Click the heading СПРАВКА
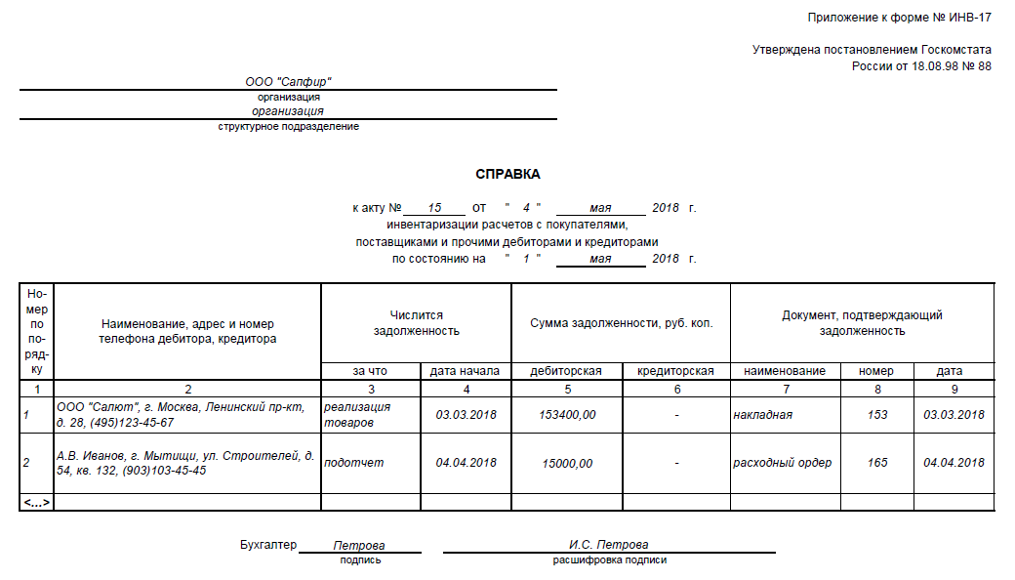pyautogui.click(x=507, y=174)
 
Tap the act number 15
pyautogui.click(x=434, y=208)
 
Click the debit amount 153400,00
pyautogui.click(x=567, y=415)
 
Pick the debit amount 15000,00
pyautogui.click(x=567, y=463)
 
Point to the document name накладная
pyautogui.click(x=763, y=415)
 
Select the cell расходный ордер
pyautogui.click(x=783, y=463)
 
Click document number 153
pyautogui.click(x=877, y=415)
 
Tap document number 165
pyautogui.click(x=877, y=463)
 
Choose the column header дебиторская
pyautogui.click(x=566, y=371)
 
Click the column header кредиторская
pyautogui.click(x=675, y=371)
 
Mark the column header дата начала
pyautogui.click(x=466, y=371)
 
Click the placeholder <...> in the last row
pyautogui.click(x=37, y=502)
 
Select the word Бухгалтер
pyautogui.click(x=267, y=544)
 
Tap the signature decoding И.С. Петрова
pyautogui.click(x=609, y=545)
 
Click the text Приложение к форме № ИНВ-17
pyautogui.click(x=899, y=19)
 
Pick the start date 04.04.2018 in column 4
pyautogui.click(x=466, y=463)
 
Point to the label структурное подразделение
pyautogui.click(x=289, y=127)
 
